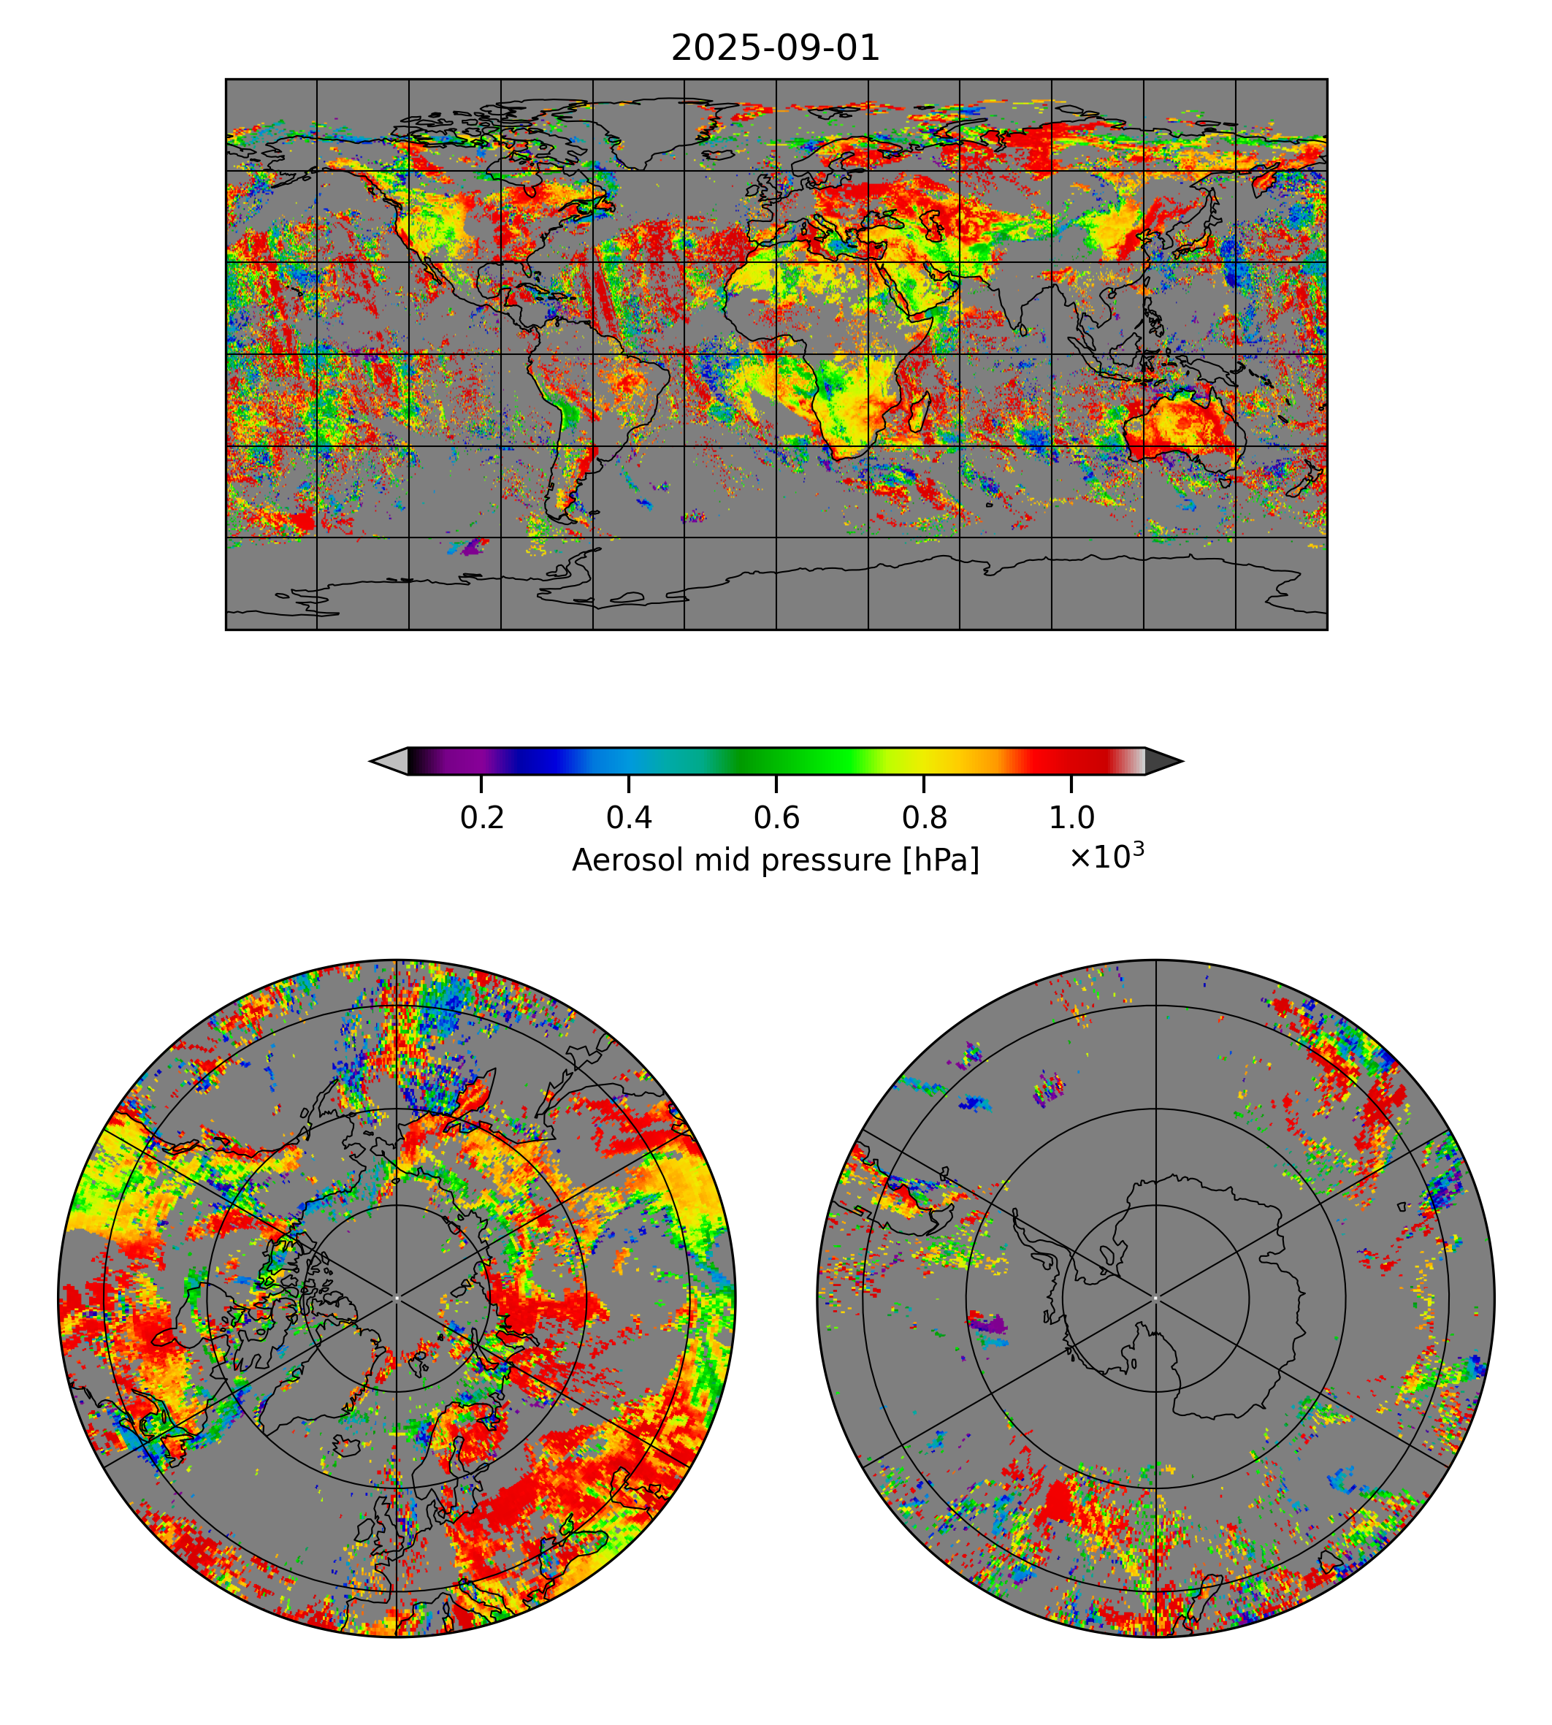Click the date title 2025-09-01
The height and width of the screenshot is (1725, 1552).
click(x=775, y=49)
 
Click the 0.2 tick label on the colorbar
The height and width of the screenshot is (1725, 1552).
click(x=482, y=818)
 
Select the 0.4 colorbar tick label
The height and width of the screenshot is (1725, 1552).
click(x=629, y=818)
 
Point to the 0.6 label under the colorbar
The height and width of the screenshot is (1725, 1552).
click(x=776, y=818)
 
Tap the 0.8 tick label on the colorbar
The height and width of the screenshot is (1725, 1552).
click(x=923, y=818)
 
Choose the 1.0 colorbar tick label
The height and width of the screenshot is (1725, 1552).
click(x=1071, y=818)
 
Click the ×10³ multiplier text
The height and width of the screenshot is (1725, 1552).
click(x=1106, y=856)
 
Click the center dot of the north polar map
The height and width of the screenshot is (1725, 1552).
click(x=397, y=1298)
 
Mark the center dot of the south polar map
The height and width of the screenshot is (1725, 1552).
click(x=1155, y=1298)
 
